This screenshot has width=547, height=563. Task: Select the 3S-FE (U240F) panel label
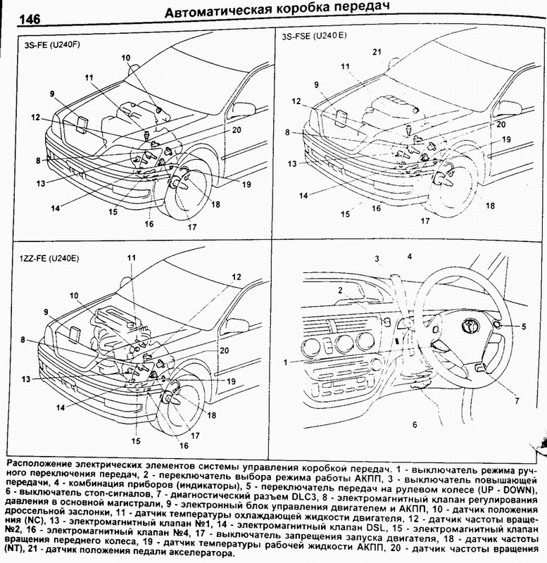[49, 44]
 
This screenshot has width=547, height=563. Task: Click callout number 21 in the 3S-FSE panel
[377, 53]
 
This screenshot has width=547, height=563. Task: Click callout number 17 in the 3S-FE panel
[191, 227]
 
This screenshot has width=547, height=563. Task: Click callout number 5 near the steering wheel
[524, 327]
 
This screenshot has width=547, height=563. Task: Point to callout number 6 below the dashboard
[415, 425]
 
